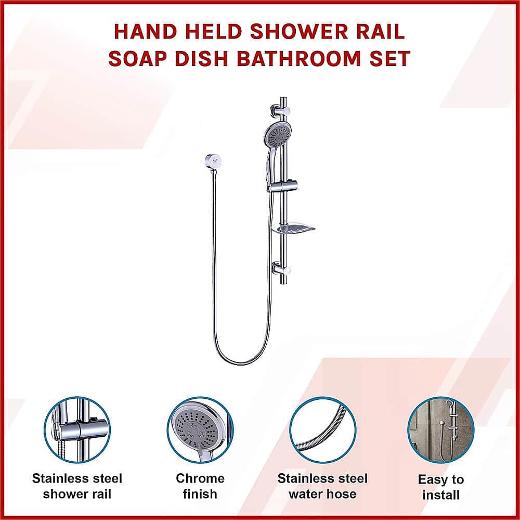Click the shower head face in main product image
coord(277,134)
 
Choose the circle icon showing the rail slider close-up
coord(77,430)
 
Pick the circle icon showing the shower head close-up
coord(200,430)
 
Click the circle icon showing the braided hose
coord(322,430)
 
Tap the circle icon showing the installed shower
coord(441,430)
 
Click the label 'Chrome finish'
coord(200,486)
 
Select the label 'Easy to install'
coord(441,487)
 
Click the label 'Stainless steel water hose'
coord(322,486)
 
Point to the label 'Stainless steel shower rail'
coord(77,486)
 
